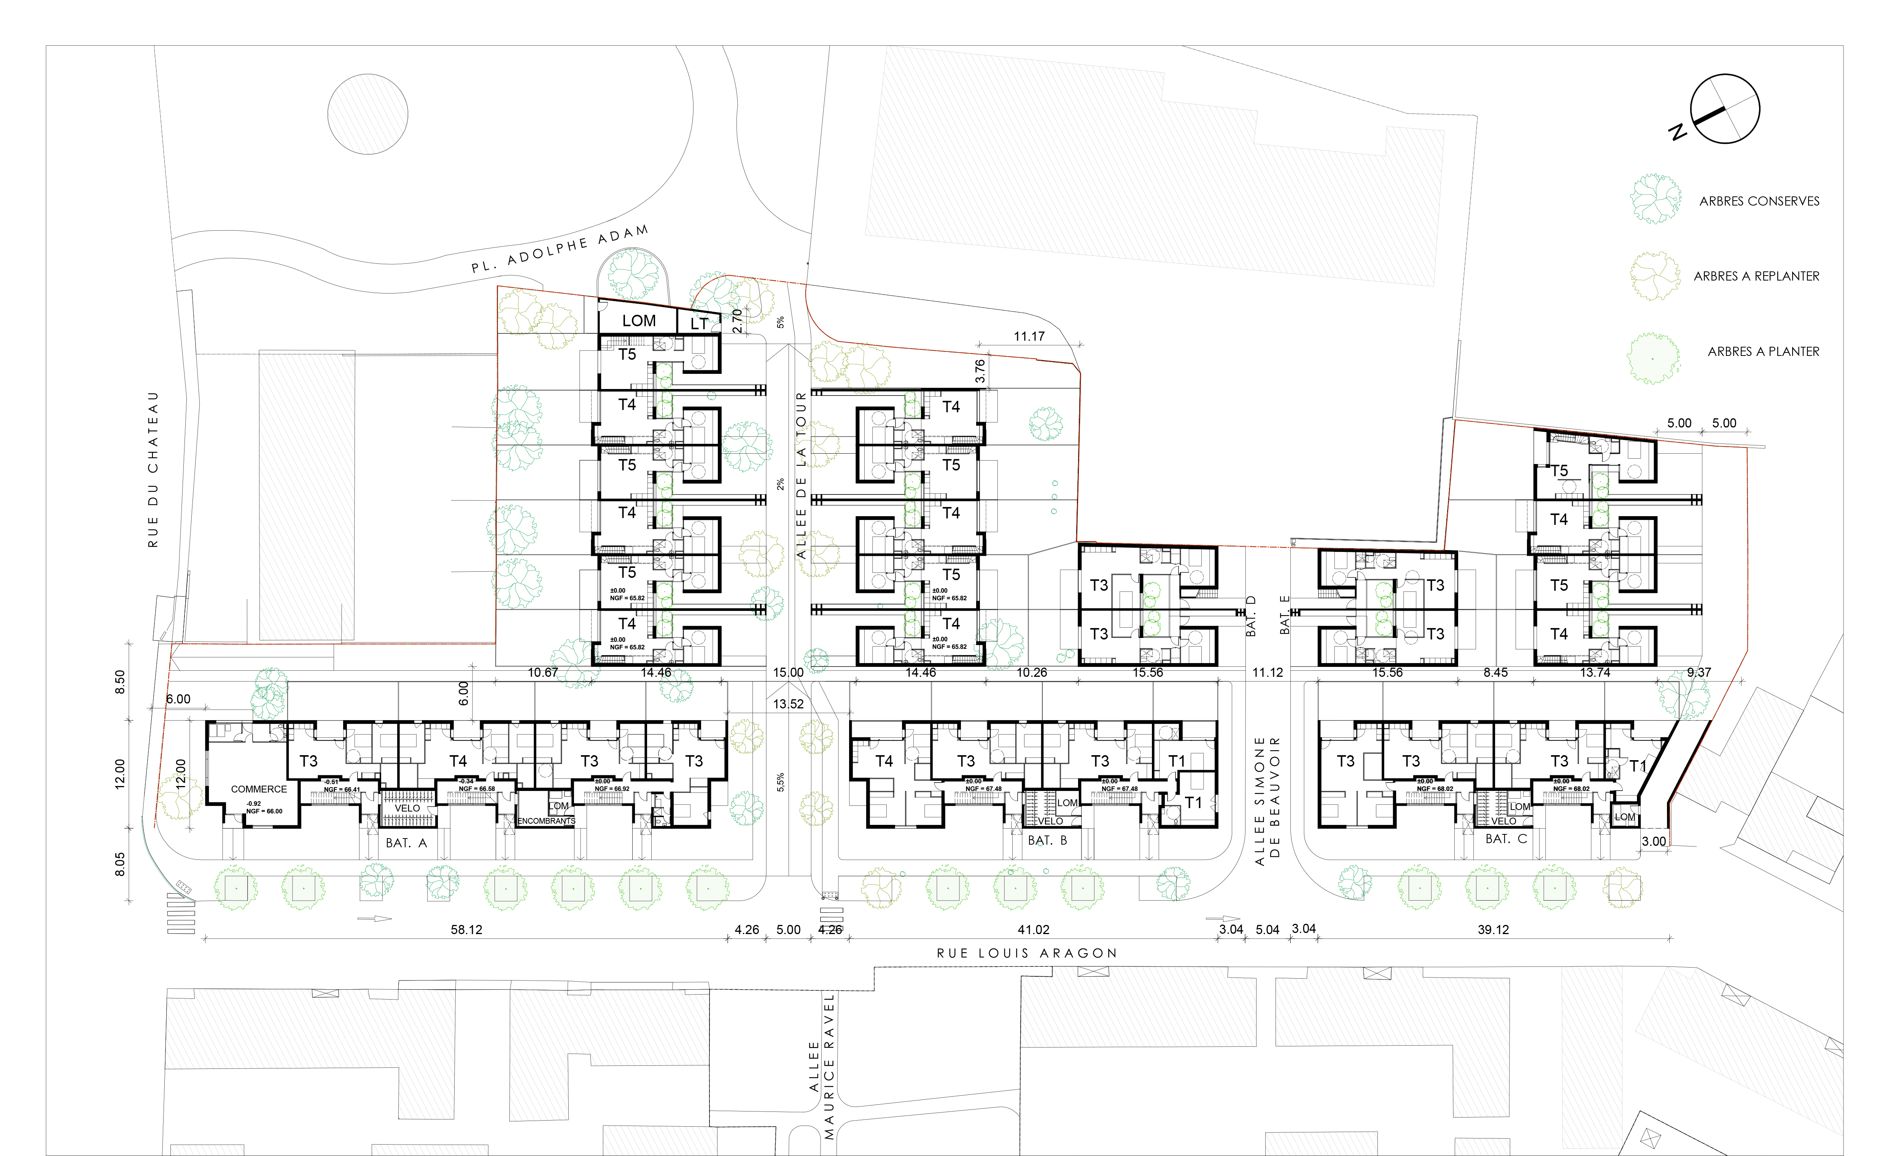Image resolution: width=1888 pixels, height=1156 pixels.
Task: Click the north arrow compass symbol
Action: click(x=1724, y=109)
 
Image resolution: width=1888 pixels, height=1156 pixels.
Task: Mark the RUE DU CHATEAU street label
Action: click(x=153, y=469)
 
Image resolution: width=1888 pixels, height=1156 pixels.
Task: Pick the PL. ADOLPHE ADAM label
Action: click(x=559, y=249)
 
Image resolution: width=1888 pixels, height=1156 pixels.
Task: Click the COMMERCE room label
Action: click(x=259, y=789)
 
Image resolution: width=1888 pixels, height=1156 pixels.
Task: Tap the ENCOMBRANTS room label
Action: click(x=546, y=821)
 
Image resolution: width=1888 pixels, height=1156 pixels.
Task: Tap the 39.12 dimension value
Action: click(x=1493, y=930)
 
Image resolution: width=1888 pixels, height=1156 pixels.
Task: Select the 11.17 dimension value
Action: click(x=1029, y=336)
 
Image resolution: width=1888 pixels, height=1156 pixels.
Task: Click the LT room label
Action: click(x=699, y=324)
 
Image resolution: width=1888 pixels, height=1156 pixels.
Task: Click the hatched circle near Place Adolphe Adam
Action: click(x=368, y=114)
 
